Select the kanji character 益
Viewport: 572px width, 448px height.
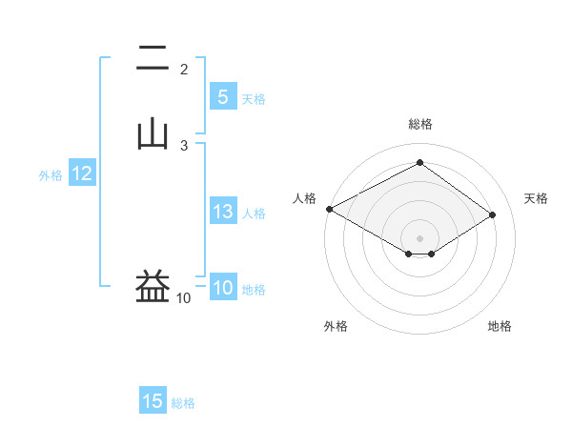coord(153,287)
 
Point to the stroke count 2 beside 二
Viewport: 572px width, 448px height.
coord(184,70)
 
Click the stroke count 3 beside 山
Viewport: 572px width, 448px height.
coord(184,145)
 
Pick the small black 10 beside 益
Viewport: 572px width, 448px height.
coord(183,298)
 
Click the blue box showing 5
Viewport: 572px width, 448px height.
coord(222,97)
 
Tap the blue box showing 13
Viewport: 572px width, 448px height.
coord(222,212)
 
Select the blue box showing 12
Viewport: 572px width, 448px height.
coord(82,173)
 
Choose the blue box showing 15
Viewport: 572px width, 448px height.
coord(153,401)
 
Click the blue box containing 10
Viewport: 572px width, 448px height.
coord(222,288)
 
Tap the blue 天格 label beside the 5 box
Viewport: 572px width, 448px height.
coord(254,99)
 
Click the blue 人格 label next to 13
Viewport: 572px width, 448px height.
coord(255,214)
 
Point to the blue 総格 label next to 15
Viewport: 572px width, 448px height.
coord(183,403)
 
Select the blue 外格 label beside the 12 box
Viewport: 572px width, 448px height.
coord(51,175)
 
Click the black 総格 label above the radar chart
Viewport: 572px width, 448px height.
coord(420,124)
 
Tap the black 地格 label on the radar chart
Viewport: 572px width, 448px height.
coord(500,327)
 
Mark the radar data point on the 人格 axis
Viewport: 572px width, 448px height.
coord(329,209)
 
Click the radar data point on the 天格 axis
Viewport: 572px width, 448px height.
coord(492,214)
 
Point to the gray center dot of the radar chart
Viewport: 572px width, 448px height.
coord(420,237)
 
